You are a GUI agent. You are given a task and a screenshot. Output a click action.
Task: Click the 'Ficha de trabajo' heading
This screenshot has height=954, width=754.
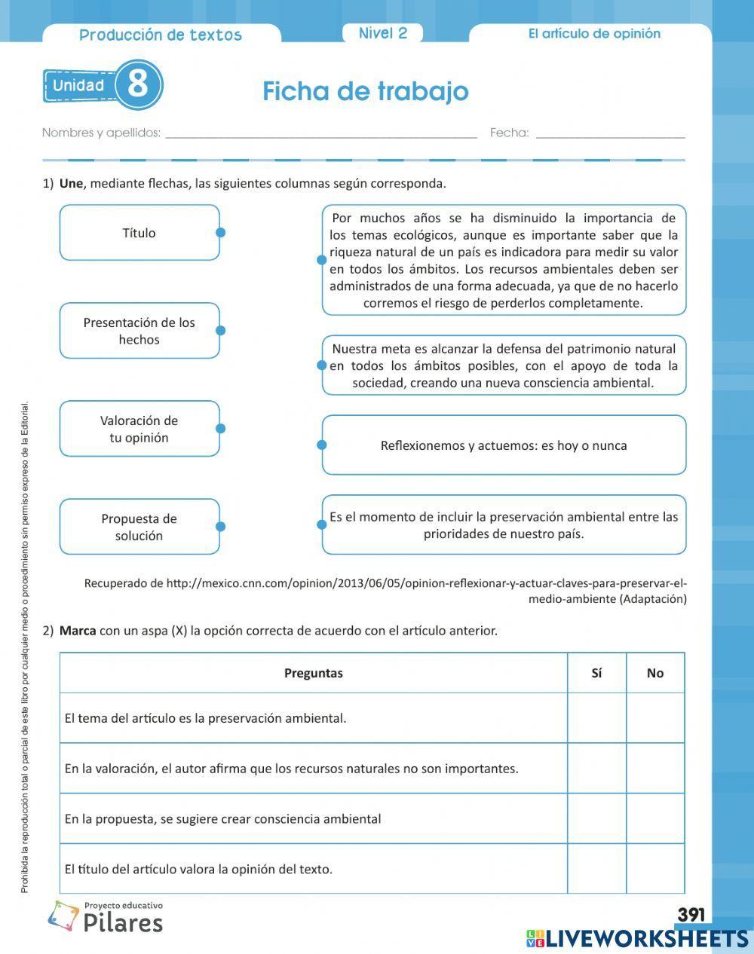pyautogui.click(x=366, y=91)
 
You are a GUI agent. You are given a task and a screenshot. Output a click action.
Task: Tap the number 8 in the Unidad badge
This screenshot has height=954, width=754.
pyautogui.click(x=138, y=84)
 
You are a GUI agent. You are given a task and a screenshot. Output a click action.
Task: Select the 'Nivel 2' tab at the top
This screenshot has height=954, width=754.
pyautogui.click(x=382, y=33)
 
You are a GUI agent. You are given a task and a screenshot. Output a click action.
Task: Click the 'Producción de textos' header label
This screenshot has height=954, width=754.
pyautogui.click(x=161, y=35)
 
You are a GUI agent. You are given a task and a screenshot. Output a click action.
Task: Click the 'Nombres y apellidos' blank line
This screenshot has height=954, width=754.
pyautogui.click(x=320, y=133)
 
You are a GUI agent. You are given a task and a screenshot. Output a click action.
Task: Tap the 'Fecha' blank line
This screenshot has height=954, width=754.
pyautogui.click(x=610, y=133)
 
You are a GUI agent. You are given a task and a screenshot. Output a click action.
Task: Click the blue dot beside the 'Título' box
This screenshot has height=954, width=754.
pyautogui.click(x=220, y=233)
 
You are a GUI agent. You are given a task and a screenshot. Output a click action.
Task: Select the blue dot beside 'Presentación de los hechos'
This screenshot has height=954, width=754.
pyautogui.click(x=220, y=331)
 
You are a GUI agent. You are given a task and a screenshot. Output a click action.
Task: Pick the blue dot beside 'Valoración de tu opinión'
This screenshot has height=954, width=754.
pyautogui.click(x=220, y=429)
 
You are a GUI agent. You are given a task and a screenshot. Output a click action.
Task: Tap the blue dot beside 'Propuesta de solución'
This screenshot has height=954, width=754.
pyautogui.click(x=220, y=527)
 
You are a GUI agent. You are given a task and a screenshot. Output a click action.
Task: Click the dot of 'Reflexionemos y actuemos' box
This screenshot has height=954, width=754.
pyautogui.click(x=322, y=445)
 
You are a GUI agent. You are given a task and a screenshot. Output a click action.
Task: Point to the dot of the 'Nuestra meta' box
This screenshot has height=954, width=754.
pyautogui.click(x=322, y=365)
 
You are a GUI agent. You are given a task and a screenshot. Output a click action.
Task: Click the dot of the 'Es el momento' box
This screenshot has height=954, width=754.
pyautogui.click(x=322, y=525)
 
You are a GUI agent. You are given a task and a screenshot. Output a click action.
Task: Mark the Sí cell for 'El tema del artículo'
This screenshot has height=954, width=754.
pyautogui.click(x=596, y=718)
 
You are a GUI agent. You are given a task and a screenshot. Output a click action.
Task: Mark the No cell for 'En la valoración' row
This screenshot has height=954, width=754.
pyautogui.click(x=655, y=769)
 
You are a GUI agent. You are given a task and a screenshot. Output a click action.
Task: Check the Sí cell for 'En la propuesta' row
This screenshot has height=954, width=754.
pyautogui.click(x=596, y=818)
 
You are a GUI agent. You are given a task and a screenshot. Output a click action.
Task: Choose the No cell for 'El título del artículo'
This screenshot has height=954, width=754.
pyautogui.click(x=655, y=869)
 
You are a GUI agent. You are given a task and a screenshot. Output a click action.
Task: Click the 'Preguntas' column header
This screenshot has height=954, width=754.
pyautogui.click(x=314, y=673)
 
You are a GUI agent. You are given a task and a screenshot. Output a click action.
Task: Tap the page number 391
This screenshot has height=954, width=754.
pyautogui.click(x=691, y=915)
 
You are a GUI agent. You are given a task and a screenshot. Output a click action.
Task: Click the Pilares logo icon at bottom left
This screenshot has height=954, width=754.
pyautogui.click(x=63, y=916)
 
